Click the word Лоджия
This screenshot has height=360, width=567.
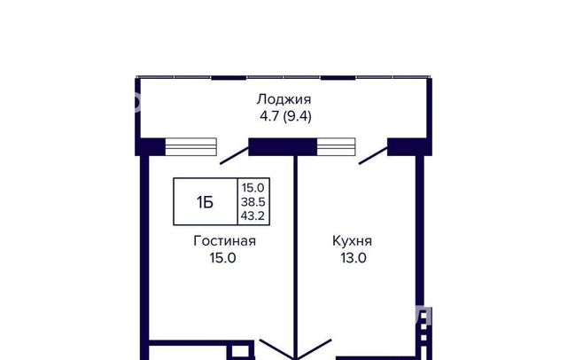[283, 99]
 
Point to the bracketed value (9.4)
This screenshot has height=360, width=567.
[298, 116]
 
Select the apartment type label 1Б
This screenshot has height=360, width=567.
[205, 202]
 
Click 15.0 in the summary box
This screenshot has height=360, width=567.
[253, 188]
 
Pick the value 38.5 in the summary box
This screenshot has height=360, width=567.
[253, 202]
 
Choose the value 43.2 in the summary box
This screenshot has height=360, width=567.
[253, 216]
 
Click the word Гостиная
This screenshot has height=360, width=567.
[224, 241]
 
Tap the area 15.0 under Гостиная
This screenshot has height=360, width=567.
[222, 258]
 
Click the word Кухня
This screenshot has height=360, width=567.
[352, 241]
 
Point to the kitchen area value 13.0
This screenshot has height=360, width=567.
[353, 258]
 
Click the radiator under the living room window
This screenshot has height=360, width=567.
[191, 147]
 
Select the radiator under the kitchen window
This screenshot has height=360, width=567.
[336, 147]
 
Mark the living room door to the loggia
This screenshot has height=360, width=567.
[234, 156]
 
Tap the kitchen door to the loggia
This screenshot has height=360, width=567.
[373, 156]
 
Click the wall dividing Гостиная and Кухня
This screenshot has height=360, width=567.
[295, 257]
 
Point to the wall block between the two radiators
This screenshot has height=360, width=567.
[283, 147]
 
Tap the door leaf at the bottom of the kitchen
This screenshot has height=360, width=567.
[314, 349]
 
